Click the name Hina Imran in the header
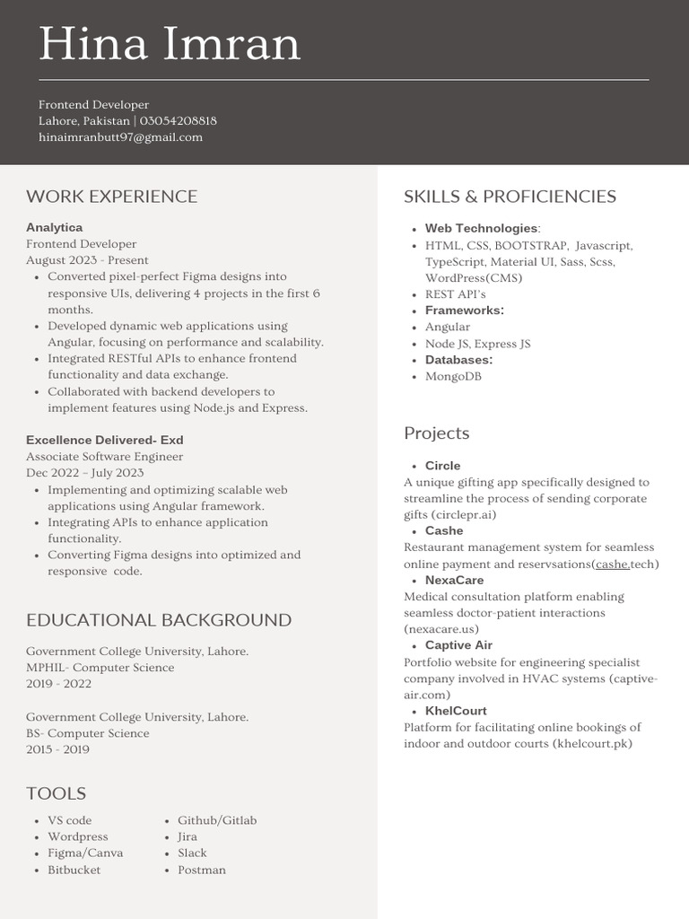[170, 45]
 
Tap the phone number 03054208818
[178, 121]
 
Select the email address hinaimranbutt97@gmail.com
[120, 137]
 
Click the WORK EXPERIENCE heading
[111, 197]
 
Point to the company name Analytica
[54, 228]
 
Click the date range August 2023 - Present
[87, 260]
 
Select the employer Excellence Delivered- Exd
[104, 441]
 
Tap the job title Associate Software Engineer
[104, 457]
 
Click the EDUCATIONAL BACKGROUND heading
[158, 620]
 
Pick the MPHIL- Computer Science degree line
[100, 668]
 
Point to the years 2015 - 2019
[57, 749]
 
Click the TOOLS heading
[56, 793]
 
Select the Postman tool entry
[201, 870]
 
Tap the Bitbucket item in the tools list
[74, 870]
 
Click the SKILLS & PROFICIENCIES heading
[510, 197]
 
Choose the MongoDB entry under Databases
[453, 377]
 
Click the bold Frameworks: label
[464, 311]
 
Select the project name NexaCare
[454, 581]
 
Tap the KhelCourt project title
[456, 711]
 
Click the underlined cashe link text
[611, 565]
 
